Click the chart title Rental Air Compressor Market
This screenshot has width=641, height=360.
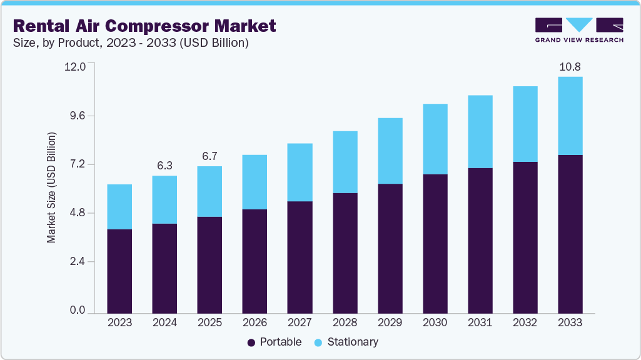(144, 26)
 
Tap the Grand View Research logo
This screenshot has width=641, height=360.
(579, 30)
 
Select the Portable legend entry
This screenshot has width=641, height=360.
(275, 342)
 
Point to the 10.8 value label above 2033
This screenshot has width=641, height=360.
(570, 66)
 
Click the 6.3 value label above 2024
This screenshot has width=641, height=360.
(164, 166)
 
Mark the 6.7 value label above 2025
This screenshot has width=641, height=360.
(209, 156)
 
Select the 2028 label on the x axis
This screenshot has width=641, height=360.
(345, 322)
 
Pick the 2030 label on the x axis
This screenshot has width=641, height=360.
(435, 322)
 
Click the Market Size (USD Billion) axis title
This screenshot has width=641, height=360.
(52, 187)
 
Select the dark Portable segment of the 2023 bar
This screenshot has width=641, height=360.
(119, 271)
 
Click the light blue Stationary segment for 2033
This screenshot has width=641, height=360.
(570, 116)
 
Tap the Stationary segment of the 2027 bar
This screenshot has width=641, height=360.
(300, 172)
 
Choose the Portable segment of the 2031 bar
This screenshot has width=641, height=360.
(480, 240)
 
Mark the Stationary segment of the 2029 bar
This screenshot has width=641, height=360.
(390, 151)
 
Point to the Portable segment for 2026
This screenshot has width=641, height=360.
(255, 261)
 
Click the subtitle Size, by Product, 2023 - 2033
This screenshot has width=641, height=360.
(131, 43)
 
